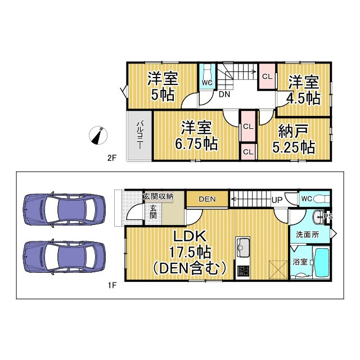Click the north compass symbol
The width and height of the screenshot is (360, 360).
(99, 136)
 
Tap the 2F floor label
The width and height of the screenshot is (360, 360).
(111, 158)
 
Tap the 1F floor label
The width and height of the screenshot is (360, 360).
(111, 285)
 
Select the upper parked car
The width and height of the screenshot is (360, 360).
(64, 210)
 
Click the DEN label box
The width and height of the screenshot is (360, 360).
(207, 199)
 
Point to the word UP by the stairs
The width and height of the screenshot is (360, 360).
(277, 200)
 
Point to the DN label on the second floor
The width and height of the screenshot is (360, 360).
(224, 94)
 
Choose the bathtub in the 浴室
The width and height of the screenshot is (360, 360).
(322, 263)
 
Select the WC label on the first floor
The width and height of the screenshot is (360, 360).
(306, 199)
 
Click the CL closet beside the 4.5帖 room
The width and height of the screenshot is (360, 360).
(267, 76)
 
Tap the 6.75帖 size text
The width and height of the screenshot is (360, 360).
(196, 143)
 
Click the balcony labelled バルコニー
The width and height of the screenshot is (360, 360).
(138, 135)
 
